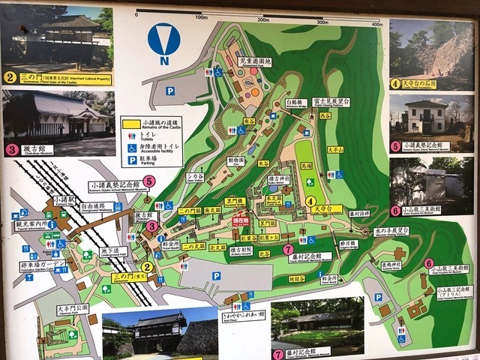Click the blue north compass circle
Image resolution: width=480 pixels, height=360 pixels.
click(x=163, y=40)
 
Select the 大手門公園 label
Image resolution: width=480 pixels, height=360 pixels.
click(x=72, y=308)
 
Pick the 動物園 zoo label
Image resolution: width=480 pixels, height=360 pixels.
click(x=236, y=160)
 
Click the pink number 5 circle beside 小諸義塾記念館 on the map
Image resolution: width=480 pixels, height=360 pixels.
click(x=149, y=181)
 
